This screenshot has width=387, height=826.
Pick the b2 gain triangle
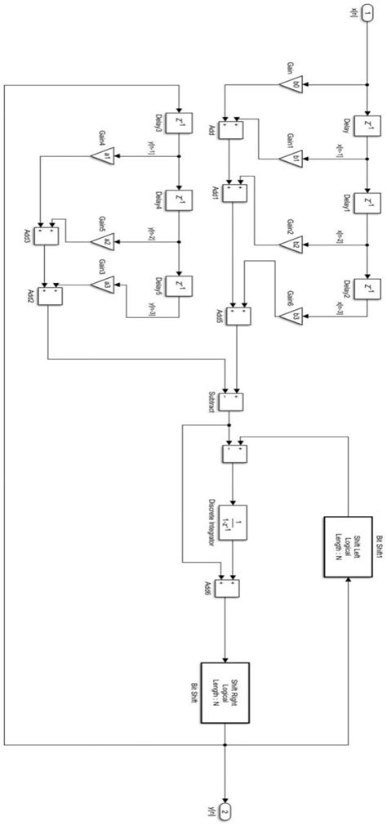click(297, 244)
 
